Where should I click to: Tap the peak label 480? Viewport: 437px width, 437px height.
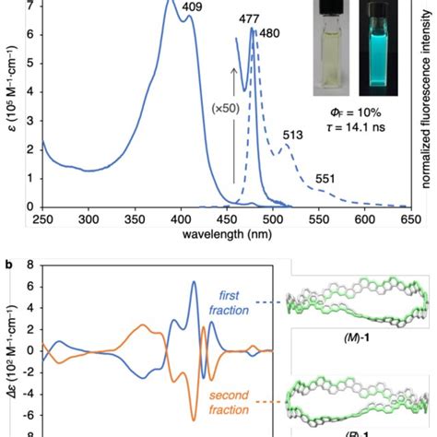point(269,35)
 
